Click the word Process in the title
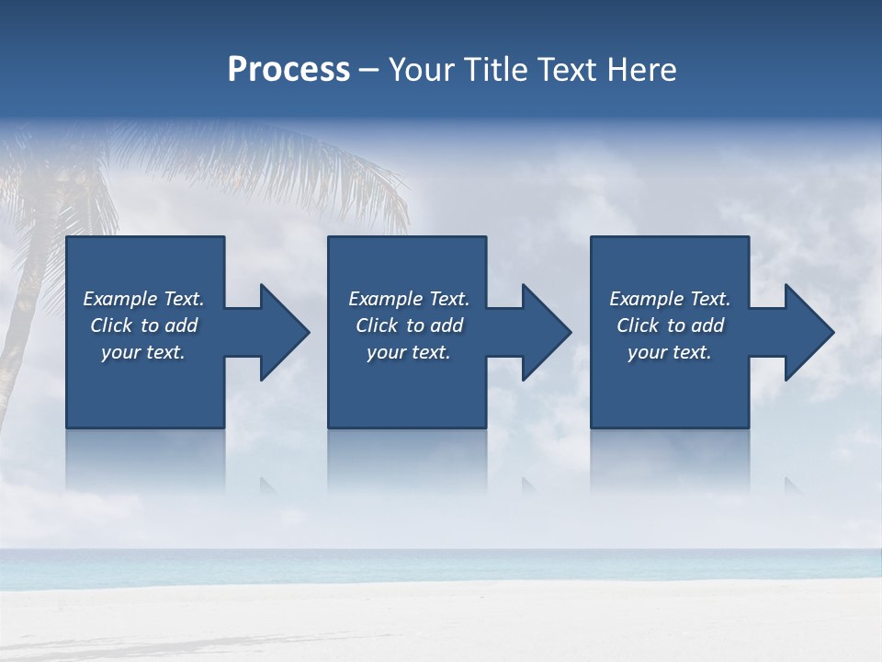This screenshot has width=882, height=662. [x=288, y=70]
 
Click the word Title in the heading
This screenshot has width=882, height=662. [x=495, y=70]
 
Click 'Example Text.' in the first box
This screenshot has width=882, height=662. [x=143, y=299]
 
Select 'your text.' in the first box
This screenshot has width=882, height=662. [x=143, y=352]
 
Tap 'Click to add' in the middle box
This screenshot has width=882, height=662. [x=409, y=325]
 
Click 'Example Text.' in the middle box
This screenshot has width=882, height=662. [x=409, y=299]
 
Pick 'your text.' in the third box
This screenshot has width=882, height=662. [x=670, y=352]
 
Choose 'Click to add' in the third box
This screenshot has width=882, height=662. [x=670, y=325]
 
